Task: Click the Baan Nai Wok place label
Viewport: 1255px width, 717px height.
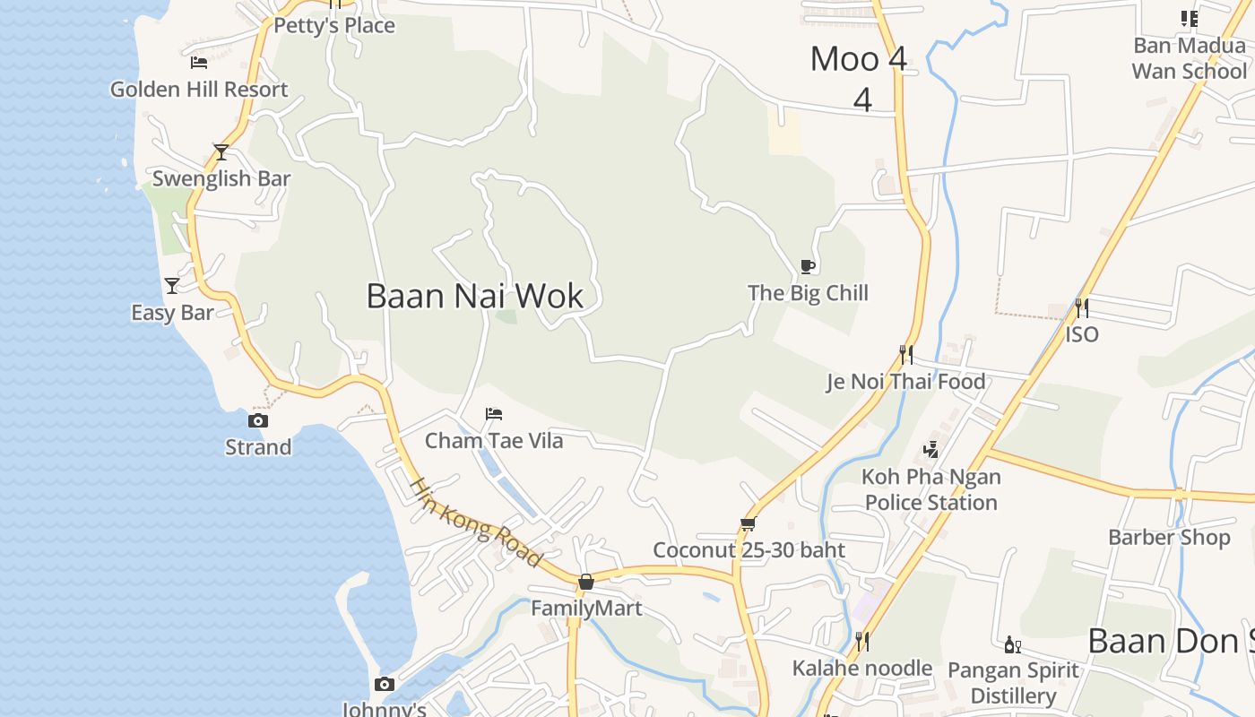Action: (x=475, y=296)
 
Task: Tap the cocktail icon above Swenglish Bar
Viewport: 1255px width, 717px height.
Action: (x=221, y=152)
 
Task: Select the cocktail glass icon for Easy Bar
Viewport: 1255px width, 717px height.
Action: (x=172, y=286)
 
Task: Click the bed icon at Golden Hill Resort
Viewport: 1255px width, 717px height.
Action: (x=199, y=63)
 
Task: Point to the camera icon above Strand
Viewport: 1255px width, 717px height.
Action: (x=258, y=420)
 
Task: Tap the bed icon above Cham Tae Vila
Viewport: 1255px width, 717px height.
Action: (x=494, y=414)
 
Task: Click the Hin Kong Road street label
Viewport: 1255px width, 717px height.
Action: (x=476, y=523)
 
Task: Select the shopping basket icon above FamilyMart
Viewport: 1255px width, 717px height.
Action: (x=586, y=583)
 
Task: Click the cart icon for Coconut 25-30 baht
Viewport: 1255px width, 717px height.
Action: (x=749, y=524)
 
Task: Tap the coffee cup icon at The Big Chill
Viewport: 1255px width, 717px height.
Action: (x=808, y=266)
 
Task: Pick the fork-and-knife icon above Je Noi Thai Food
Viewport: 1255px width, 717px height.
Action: (x=906, y=355)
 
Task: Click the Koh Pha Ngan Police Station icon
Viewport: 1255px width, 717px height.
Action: (x=931, y=450)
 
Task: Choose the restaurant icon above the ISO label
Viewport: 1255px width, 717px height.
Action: (x=1082, y=308)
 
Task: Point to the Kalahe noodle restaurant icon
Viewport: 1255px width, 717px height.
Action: (x=861, y=642)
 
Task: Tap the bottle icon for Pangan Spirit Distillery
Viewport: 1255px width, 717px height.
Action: (x=1013, y=644)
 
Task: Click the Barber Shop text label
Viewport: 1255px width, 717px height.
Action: (x=1169, y=537)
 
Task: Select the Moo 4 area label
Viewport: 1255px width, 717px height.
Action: (x=859, y=59)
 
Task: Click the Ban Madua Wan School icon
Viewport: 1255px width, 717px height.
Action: (x=1190, y=19)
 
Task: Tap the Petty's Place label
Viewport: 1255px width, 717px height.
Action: (x=334, y=25)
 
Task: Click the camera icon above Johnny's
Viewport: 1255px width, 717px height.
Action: (x=385, y=685)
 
